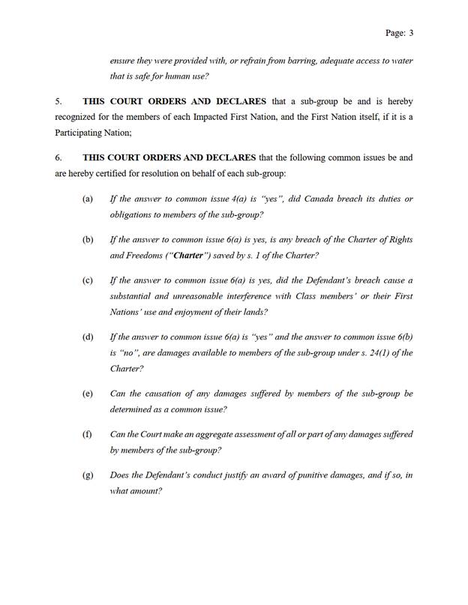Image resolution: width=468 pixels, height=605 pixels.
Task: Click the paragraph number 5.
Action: (58, 100)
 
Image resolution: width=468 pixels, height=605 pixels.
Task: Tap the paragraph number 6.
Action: (58, 158)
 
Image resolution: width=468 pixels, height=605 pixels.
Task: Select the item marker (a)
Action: (88, 199)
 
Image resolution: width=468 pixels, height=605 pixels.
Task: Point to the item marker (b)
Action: (88, 240)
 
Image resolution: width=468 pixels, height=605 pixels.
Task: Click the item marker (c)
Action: (88, 280)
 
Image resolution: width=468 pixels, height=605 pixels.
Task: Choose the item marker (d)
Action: (88, 336)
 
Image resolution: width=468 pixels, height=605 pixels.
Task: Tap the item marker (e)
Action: (88, 393)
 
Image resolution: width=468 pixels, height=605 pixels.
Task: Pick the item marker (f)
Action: (88, 434)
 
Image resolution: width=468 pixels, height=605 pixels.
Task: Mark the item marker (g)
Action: (88, 475)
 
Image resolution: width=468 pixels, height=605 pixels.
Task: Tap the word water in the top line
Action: (398, 60)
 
